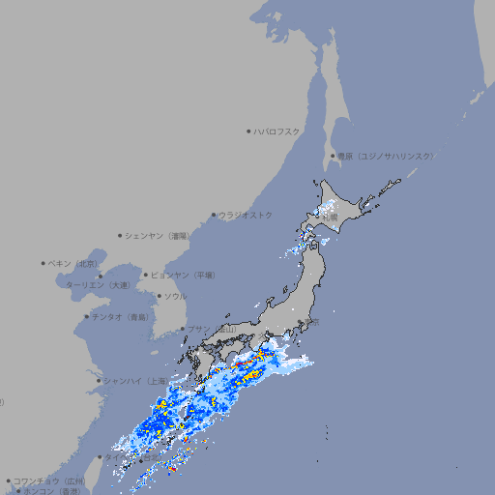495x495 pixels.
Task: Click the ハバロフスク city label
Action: pyautogui.click(x=277, y=131)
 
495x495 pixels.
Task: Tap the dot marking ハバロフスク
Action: pyautogui.click(x=248, y=131)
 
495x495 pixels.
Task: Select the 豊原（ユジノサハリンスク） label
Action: pyautogui.click(x=385, y=156)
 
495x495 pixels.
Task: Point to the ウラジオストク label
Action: pyautogui.click(x=246, y=215)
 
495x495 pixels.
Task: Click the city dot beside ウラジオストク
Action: pyautogui.click(x=214, y=216)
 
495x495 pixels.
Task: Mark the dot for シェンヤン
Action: pyautogui.click(x=120, y=235)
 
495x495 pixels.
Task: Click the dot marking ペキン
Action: pyautogui.click(x=44, y=263)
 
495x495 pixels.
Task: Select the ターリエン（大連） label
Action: pyautogui.click(x=98, y=285)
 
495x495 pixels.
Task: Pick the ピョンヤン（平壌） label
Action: pyautogui.click(x=184, y=275)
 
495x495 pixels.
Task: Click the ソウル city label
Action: pyautogui.click(x=175, y=296)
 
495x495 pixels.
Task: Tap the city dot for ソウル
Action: pyautogui.click(x=158, y=296)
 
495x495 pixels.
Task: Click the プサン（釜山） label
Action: pyautogui.click(x=211, y=330)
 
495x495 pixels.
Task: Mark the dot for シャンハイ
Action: pyautogui.click(x=99, y=380)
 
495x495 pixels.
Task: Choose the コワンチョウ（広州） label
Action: pyautogui.click(x=49, y=480)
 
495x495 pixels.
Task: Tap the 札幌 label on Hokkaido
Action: pyautogui.click(x=332, y=217)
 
